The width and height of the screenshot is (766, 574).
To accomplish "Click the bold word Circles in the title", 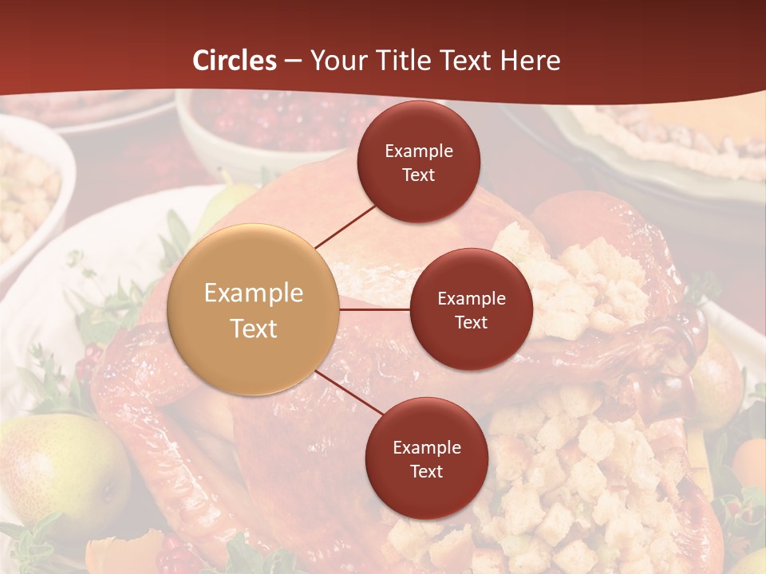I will (x=235, y=61).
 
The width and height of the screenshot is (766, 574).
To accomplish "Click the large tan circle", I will (x=254, y=310).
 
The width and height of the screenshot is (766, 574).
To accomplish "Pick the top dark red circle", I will (x=419, y=162).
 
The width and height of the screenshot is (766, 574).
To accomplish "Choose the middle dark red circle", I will (x=472, y=309).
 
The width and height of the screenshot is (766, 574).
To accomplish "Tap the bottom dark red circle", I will (x=426, y=458).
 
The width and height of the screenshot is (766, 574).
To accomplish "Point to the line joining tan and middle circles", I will (x=375, y=309).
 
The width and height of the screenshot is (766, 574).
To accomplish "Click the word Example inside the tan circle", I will (x=254, y=293).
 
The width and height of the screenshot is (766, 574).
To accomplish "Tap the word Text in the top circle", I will (x=419, y=175).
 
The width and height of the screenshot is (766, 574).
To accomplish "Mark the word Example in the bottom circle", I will (x=427, y=447).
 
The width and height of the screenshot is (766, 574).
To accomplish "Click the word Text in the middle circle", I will (x=472, y=322).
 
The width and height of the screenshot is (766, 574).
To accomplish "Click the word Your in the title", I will (x=338, y=61).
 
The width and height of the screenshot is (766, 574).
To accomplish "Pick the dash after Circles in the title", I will (x=292, y=61).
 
